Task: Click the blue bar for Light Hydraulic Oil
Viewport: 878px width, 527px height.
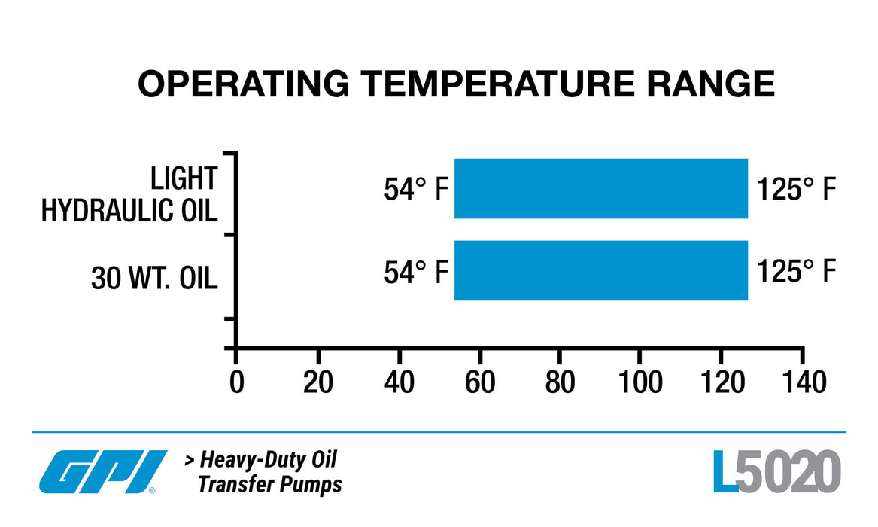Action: [x=600, y=189]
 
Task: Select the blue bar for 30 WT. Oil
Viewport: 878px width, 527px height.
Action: [x=600, y=270]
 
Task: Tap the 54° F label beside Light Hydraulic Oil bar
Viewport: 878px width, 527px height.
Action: [x=416, y=190]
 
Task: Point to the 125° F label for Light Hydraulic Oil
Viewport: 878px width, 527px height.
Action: [x=796, y=190]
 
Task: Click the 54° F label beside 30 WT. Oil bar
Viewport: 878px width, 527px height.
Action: [x=416, y=272]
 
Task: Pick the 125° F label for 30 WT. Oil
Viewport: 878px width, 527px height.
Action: [x=796, y=272]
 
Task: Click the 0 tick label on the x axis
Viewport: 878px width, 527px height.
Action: [x=236, y=382]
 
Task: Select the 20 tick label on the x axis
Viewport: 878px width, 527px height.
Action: [x=317, y=382]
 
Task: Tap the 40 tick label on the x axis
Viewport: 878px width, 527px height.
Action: [x=399, y=382]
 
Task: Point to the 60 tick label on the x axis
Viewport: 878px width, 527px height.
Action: [x=480, y=382]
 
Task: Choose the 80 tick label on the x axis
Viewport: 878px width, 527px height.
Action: [x=561, y=382]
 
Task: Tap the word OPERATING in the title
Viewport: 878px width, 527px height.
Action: [x=243, y=84]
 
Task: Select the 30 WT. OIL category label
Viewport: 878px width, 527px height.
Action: [x=154, y=279]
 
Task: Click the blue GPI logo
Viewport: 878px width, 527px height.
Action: [x=103, y=472]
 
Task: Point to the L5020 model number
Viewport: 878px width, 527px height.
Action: [x=776, y=473]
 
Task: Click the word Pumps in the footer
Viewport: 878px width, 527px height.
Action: [x=311, y=484]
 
